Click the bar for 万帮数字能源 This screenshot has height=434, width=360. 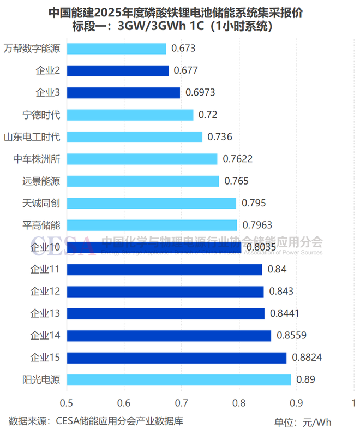pos(116,49)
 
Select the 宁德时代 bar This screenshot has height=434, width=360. pos(130,115)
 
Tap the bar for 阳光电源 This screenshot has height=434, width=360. pos(178,379)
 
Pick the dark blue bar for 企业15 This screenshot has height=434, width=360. pos(176,358)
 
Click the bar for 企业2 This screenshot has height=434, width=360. pos(117,70)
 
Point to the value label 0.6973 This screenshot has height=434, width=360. pos(200,93)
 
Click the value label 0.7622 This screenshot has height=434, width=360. pos(238,159)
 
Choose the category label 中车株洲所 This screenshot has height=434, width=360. pos(37,159)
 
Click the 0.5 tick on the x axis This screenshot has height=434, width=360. pos(67,403)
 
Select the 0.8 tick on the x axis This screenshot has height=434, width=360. pos(239,403)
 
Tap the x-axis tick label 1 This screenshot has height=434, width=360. pos(353,403)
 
